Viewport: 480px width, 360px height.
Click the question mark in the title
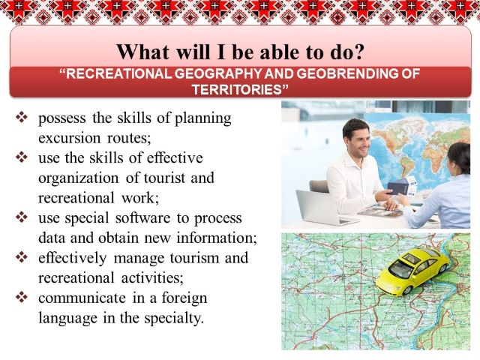click(x=358, y=52)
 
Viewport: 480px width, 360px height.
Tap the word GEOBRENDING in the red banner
click(x=347, y=73)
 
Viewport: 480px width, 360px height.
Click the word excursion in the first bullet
click(x=69, y=138)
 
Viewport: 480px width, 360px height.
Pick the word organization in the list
click(x=78, y=178)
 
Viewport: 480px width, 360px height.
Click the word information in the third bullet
click(x=215, y=238)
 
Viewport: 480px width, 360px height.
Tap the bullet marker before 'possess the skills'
click(x=22, y=117)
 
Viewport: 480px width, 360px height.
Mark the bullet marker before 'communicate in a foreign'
click(x=22, y=297)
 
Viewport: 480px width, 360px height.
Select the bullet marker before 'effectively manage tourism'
click(x=22, y=256)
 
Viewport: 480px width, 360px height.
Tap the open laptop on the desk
click(x=325, y=208)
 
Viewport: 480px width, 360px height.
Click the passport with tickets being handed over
click(x=402, y=185)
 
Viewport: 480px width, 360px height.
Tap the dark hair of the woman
click(x=460, y=157)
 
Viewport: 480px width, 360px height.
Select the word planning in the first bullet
click(x=203, y=118)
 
